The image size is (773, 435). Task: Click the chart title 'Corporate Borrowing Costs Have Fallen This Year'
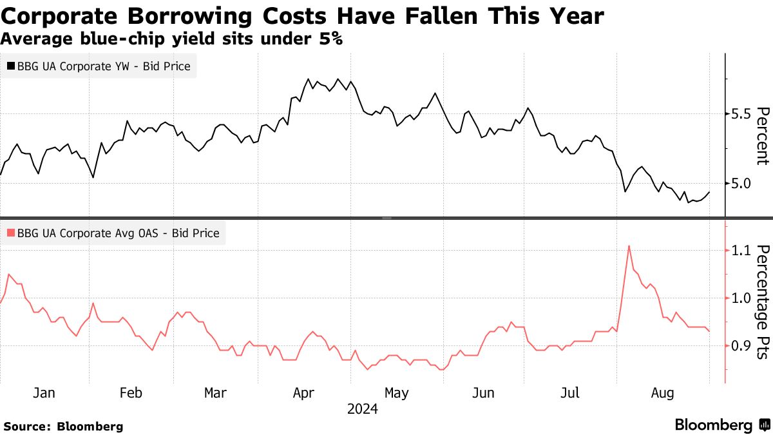302,15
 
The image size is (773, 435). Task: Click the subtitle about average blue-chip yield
171,39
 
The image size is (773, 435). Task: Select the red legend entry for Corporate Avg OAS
113,233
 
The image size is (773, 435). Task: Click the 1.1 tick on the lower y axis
739,250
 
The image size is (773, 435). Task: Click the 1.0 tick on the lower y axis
739,298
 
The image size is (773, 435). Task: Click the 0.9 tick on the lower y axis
739,346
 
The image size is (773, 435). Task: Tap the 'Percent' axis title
763,136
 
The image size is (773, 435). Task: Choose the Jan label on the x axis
43,393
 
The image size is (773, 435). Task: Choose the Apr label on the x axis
303,393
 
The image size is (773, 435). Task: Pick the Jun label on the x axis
484,393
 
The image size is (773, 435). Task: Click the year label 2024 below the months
363,409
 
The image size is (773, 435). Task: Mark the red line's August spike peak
628,246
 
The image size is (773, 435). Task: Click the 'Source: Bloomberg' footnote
63,426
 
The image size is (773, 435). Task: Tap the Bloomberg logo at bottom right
721,425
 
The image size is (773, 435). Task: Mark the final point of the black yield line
709,192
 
